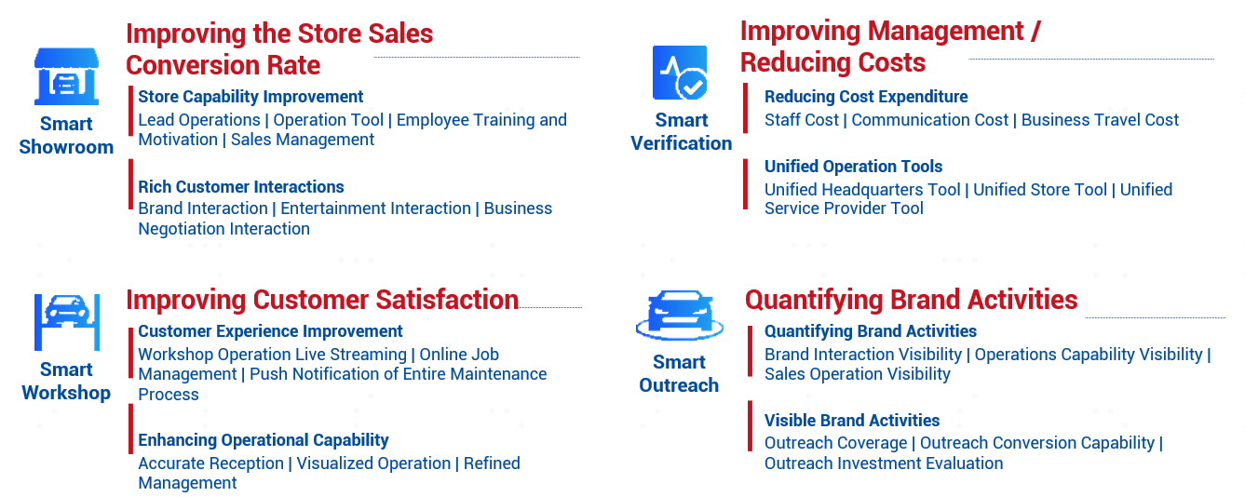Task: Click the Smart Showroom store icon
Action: coord(67,76)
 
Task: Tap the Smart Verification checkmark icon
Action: coord(680,73)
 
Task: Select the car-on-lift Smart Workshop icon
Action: coord(67,322)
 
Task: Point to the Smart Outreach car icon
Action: coord(680,315)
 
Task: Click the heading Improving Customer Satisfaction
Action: coord(322,300)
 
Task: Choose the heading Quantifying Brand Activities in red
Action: coord(911,300)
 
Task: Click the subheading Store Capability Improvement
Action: coord(250,97)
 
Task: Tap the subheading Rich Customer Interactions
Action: coord(241,186)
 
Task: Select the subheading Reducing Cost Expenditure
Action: coord(866,97)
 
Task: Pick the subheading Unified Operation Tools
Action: coord(854,166)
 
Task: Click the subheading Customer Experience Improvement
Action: coord(270,331)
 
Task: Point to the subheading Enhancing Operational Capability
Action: coord(264,440)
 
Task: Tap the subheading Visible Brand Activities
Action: coord(852,421)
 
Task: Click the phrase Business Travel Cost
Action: coord(1100,120)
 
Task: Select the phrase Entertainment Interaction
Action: coord(375,208)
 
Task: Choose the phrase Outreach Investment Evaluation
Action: coord(884,463)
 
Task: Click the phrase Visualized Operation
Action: coord(373,463)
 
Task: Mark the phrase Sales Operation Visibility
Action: coord(858,374)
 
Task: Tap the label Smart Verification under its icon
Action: coord(681,131)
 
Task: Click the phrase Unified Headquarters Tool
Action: coord(862,189)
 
